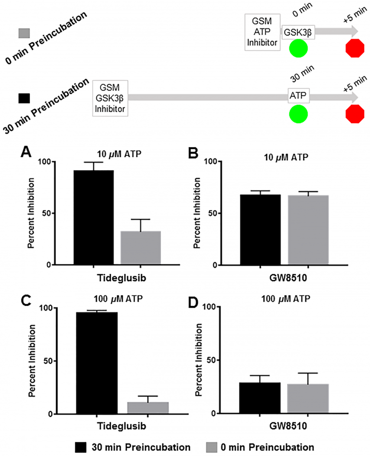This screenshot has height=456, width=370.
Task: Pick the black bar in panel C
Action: coord(96,363)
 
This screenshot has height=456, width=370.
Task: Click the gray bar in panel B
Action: coord(308,229)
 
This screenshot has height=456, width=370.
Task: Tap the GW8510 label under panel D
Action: coord(284,426)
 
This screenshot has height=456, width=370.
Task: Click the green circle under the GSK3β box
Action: coord(299,49)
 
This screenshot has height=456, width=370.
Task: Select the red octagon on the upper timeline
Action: coord(356,49)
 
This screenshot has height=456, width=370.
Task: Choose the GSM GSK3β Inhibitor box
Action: coord(111,97)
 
